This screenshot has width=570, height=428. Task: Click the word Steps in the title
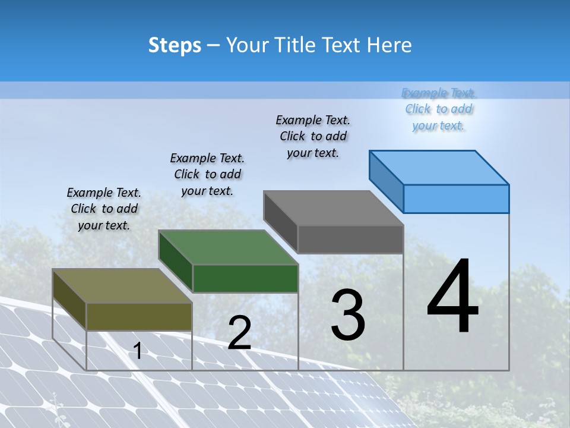pyautogui.click(x=175, y=45)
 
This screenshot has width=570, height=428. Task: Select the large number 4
pyautogui.click(x=452, y=297)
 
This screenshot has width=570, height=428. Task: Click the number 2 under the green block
pyautogui.click(x=239, y=333)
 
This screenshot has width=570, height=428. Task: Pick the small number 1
pyautogui.click(x=138, y=351)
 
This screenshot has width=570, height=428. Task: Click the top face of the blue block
pyautogui.click(x=439, y=167)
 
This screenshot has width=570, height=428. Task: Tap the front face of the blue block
pyautogui.click(x=456, y=199)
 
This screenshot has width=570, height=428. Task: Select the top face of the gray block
pyautogui.click(x=333, y=208)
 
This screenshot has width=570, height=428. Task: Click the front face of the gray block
pyautogui.click(x=350, y=240)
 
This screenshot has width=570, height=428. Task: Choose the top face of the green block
pyautogui.click(x=228, y=247)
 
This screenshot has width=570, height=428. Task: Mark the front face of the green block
pyautogui.click(x=245, y=278)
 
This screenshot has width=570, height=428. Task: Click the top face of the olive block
pyautogui.click(x=122, y=286)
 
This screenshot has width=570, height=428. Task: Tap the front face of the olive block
pyautogui.click(x=139, y=316)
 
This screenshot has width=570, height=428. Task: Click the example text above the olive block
pyautogui.click(x=104, y=209)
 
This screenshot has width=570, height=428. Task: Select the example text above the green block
pyautogui.click(x=207, y=174)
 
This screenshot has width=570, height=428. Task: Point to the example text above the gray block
pyautogui.click(x=313, y=136)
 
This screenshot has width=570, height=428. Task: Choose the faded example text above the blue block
pyautogui.click(x=439, y=109)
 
